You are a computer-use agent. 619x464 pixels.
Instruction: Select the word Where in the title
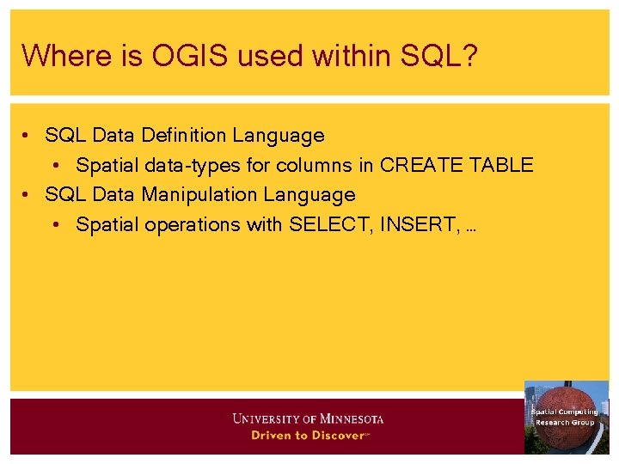(55, 56)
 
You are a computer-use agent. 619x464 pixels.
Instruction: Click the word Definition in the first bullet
(182, 135)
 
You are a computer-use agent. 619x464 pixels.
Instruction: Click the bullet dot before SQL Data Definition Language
(28, 136)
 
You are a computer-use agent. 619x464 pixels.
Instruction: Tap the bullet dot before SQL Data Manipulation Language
(28, 196)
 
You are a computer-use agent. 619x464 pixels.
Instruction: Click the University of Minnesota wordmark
(308, 419)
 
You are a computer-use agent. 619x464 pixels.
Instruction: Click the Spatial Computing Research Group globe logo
(566, 418)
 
